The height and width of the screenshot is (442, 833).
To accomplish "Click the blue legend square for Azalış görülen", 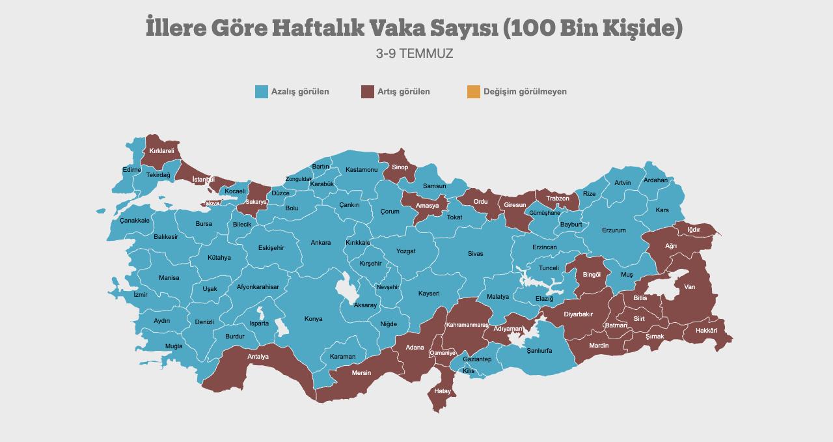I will [262, 92].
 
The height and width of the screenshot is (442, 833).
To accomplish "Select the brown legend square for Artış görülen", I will [368, 92].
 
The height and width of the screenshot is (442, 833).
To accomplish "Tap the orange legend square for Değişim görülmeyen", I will [473, 92].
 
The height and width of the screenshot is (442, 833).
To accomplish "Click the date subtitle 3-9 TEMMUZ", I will [415, 54].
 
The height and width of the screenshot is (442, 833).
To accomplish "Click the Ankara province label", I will [320, 243].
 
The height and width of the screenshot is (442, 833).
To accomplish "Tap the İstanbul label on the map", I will [204, 179].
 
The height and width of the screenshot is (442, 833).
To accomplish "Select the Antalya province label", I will [258, 357].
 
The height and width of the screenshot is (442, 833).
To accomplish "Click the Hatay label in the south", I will [443, 391].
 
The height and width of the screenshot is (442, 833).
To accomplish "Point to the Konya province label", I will [313, 319].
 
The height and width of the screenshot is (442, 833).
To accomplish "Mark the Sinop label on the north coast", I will [400, 167].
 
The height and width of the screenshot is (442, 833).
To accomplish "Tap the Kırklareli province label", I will [161, 150].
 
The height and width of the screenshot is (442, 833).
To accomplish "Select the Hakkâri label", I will [706, 331].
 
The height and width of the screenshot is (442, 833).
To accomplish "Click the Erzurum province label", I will [614, 230].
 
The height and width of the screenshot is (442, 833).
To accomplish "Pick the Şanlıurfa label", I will [538, 350].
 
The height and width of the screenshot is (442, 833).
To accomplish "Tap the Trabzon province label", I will [558, 199].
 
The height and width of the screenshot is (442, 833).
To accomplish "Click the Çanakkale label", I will [135, 221].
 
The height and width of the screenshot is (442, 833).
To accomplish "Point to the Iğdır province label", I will [694, 230].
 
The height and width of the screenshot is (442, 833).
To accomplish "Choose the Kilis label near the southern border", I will [469, 371].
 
